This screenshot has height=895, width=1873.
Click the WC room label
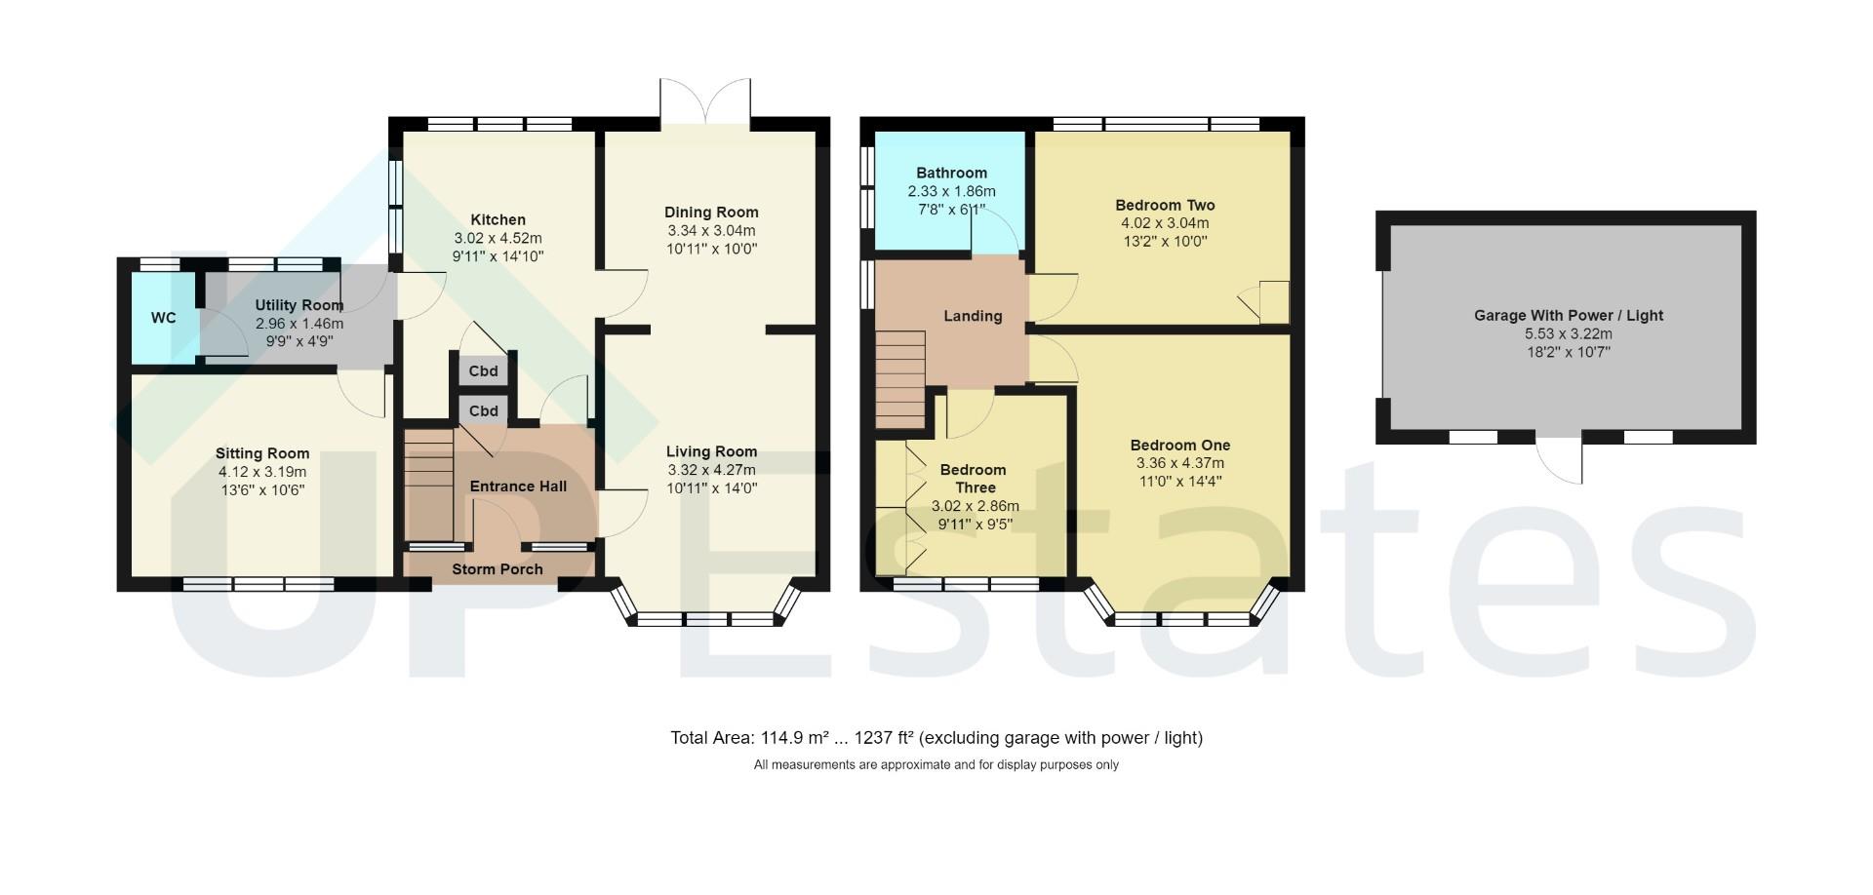(163, 318)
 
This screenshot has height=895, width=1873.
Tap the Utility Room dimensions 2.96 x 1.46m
(299, 324)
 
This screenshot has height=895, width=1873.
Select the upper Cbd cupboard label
(483, 370)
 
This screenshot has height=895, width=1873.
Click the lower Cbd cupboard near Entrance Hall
(483, 410)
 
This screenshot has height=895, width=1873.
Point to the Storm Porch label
(497, 569)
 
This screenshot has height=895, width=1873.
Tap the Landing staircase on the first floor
(899, 378)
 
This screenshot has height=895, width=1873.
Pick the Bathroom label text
(951, 173)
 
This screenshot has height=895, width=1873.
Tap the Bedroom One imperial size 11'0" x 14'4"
(1179, 481)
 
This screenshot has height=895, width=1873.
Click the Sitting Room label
(262, 453)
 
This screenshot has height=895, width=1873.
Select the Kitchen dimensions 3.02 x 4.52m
(498, 238)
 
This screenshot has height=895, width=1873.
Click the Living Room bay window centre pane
(705, 618)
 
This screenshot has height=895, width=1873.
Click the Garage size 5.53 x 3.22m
(1568, 333)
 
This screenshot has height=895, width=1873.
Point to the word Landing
(973, 316)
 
